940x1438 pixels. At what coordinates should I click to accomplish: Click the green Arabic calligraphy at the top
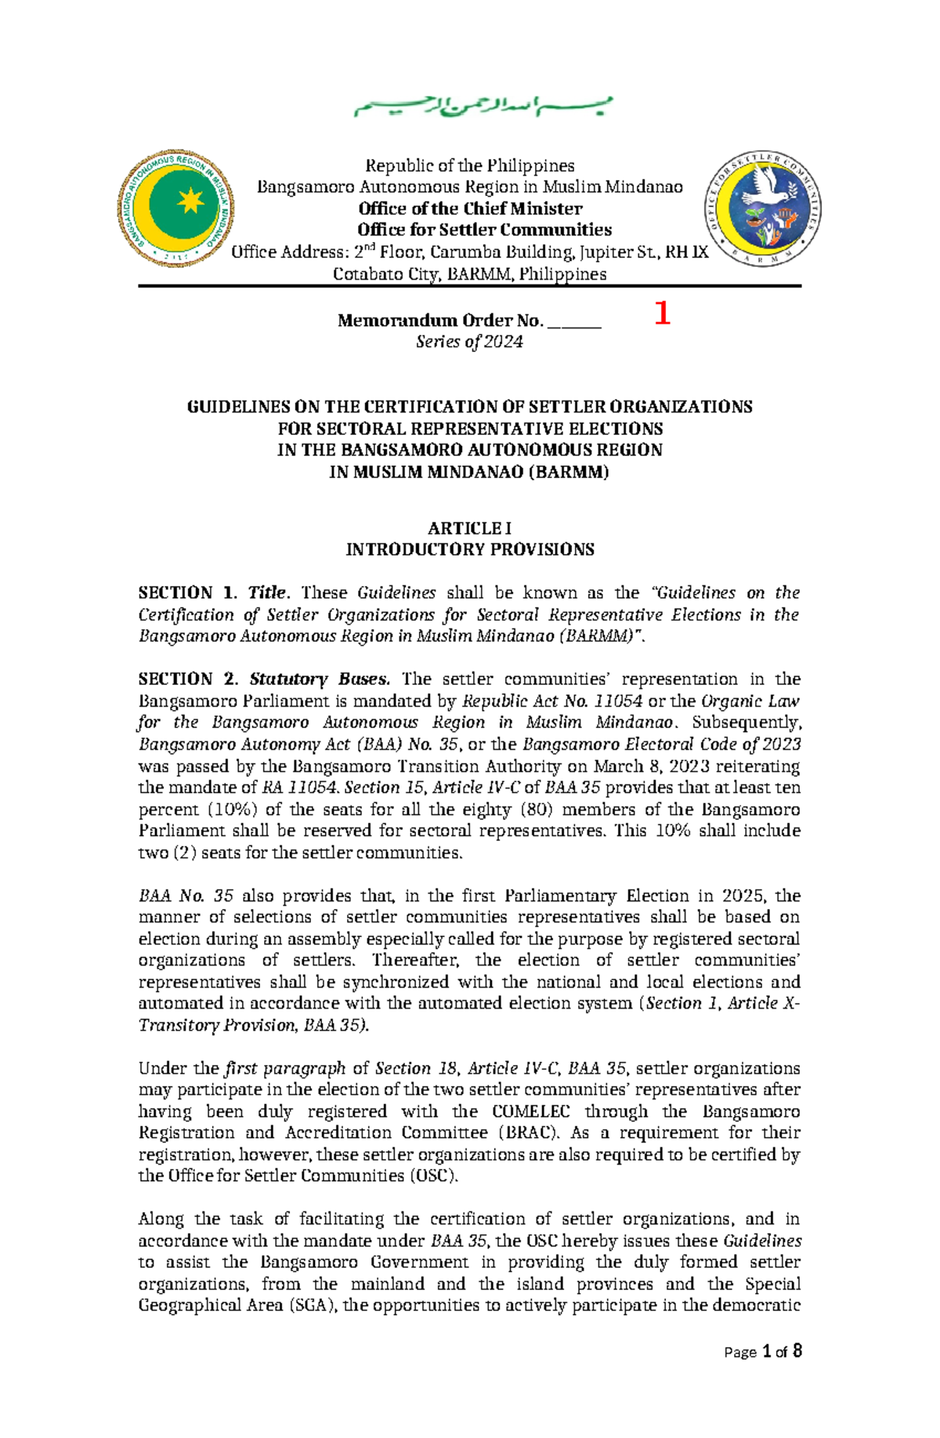(483, 107)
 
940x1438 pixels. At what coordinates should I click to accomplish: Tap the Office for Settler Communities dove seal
(763, 208)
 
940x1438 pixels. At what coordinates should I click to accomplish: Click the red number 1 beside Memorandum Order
(662, 314)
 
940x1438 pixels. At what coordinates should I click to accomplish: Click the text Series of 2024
(469, 342)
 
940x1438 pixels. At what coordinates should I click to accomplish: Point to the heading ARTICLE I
(469, 528)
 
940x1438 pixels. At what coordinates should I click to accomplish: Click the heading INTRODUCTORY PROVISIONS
(469, 549)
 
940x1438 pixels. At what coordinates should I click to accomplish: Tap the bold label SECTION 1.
(186, 593)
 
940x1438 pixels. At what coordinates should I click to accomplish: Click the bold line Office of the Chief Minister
(469, 208)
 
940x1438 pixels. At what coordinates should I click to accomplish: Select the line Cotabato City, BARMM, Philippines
(469, 274)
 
